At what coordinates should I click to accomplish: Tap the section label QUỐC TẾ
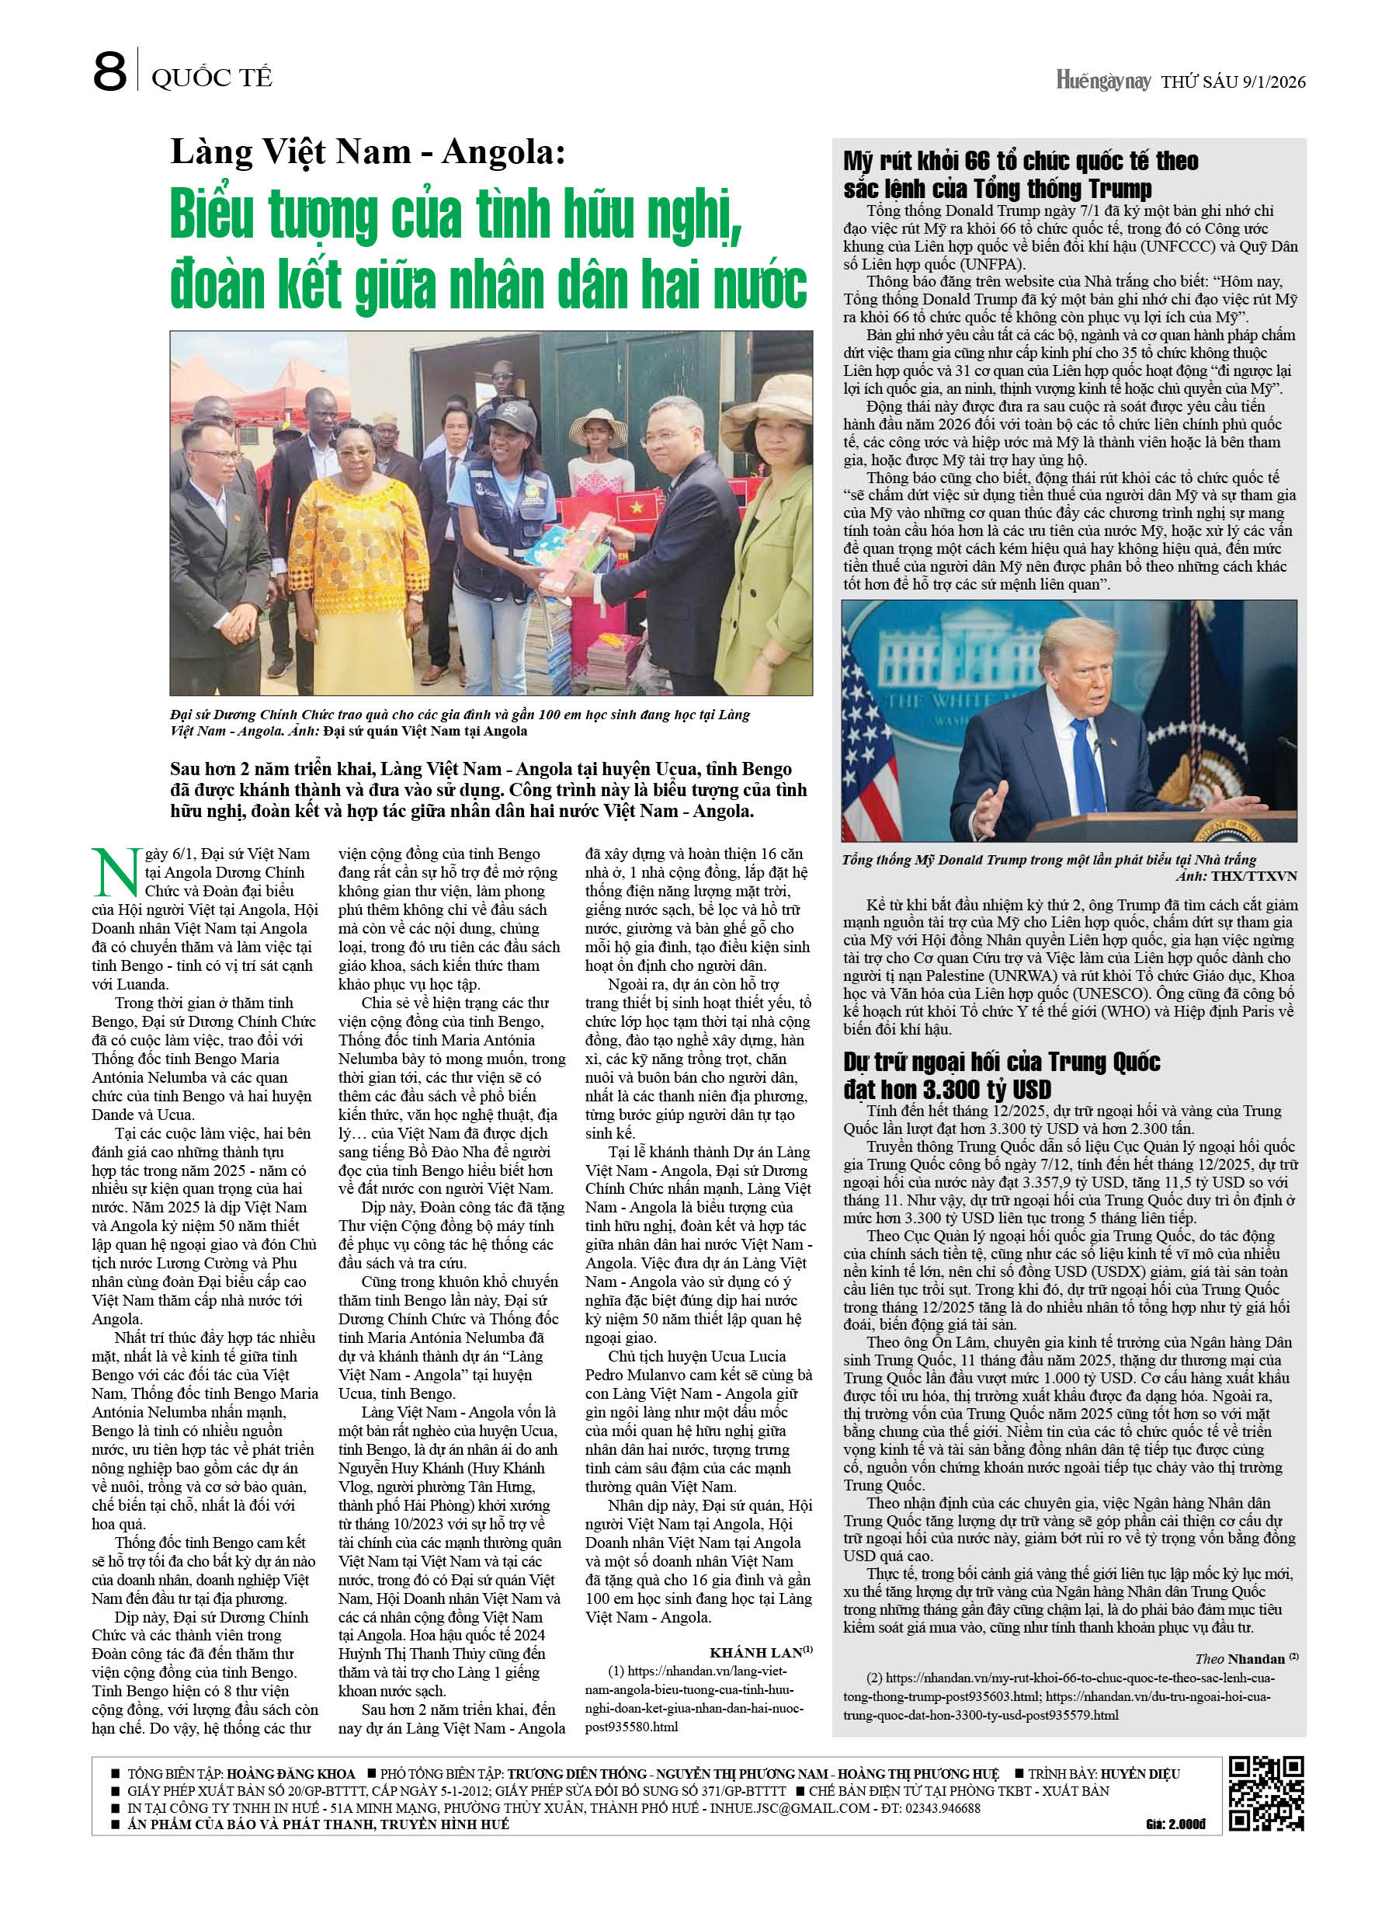click(211, 78)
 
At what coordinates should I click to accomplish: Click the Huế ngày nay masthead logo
click(1102, 82)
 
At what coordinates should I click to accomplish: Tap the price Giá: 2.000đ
click(1175, 1825)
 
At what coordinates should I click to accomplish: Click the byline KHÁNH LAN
click(756, 1653)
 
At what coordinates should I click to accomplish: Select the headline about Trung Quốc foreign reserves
click(1002, 1076)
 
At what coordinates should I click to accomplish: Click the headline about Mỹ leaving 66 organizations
click(1020, 174)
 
